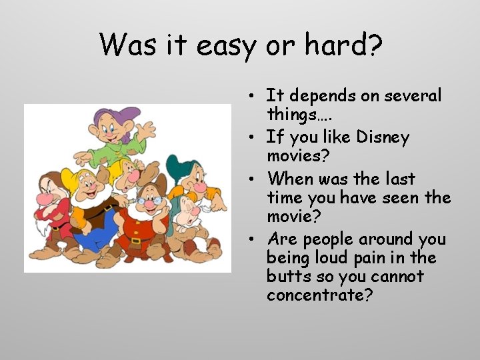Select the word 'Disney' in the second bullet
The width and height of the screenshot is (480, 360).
click(383, 137)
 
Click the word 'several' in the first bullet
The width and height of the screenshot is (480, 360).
click(414, 96)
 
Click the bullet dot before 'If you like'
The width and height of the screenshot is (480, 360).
click(255, 138)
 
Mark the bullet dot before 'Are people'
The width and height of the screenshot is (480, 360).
click(255, 239)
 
